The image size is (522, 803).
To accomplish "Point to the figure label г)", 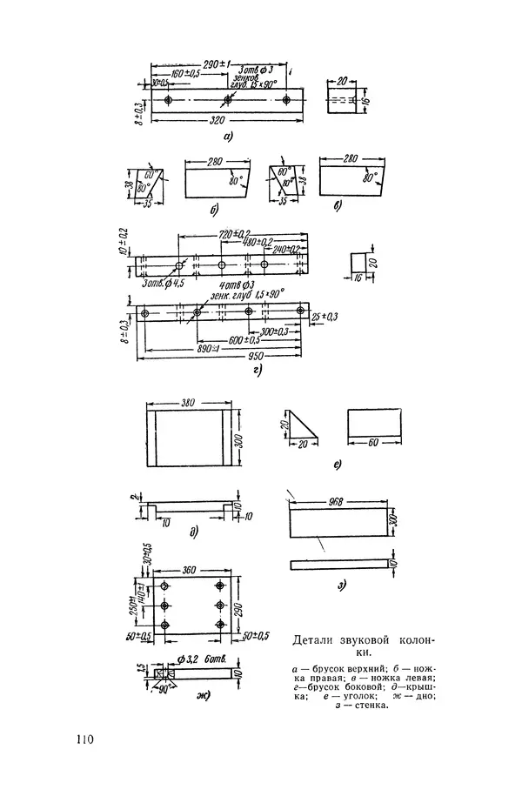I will [259, 370].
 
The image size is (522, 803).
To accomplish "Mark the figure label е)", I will [337, 466].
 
